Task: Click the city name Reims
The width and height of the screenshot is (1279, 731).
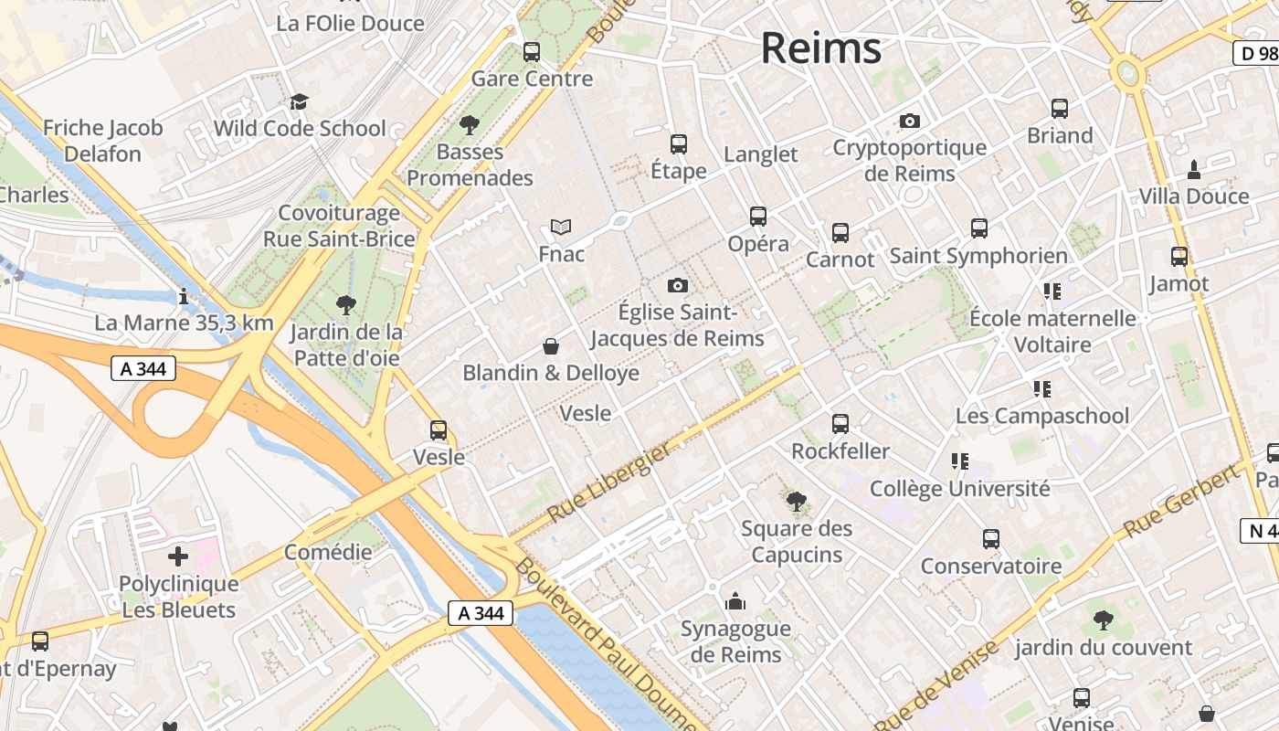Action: click(820, 48)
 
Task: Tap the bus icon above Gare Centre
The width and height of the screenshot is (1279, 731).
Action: click(532, 52)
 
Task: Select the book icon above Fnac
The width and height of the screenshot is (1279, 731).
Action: click(561, 227)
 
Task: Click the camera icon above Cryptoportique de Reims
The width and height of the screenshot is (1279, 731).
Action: click(909, 121)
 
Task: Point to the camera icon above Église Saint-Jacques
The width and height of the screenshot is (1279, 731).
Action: click(677, 285)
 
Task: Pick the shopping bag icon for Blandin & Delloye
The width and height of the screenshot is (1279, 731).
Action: click(551, 346)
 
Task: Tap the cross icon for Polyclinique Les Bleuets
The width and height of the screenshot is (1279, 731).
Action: click(178, 556)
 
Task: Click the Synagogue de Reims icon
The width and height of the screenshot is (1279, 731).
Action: click(735, 601)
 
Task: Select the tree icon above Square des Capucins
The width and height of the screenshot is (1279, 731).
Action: click(796, 501)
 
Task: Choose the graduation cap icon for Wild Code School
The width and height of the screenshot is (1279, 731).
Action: click(299, 101)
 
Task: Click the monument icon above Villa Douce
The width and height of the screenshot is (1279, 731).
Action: click(1193, 169)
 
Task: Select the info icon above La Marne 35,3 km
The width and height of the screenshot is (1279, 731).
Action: click(184, 296)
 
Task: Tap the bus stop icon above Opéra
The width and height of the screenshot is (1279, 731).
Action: click(758, 217)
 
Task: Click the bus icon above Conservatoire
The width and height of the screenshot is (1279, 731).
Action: click(991, 539)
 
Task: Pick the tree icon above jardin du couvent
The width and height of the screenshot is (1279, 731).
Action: click(1104, 620)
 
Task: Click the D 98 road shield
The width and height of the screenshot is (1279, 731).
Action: click(1255, 53)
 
